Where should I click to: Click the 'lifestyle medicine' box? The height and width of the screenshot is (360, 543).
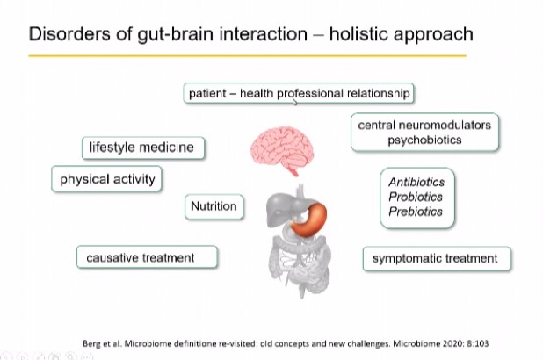click(143, 148)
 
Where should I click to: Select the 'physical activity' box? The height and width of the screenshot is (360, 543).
click(106, 179)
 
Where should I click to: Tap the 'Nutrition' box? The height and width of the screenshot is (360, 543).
click(214, 206)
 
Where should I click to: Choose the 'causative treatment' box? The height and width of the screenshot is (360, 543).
click(147, 257)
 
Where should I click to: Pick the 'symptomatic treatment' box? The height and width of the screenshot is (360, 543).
click(437, 258)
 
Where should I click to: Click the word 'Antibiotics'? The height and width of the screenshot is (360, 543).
click(416, 182)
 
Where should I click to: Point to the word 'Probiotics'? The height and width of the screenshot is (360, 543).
click(416, 197)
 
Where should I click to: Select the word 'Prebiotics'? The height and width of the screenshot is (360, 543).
click(416, 212)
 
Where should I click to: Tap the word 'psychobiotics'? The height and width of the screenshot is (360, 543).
click(424, 140)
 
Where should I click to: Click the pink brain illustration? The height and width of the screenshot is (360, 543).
click(282, 150)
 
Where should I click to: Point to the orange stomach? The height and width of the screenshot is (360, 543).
click(309, 220)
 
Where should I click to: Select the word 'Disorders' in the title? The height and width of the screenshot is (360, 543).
click(69, 34)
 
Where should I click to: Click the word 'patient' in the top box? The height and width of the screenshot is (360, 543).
click(207, 93)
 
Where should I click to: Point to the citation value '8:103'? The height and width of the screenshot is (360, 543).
click(478, 343)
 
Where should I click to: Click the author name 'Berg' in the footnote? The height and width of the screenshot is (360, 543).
click(90, 343)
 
